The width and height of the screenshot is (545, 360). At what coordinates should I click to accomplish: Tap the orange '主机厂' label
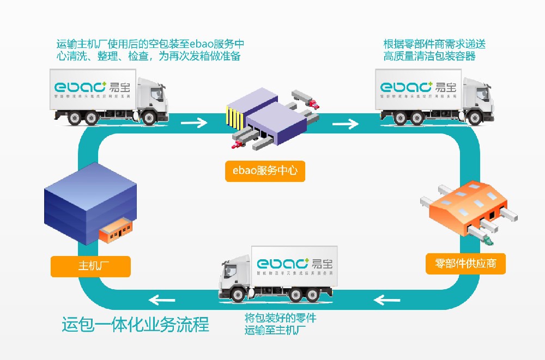point(90,266)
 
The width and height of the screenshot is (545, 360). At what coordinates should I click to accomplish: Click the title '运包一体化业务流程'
point(135,325)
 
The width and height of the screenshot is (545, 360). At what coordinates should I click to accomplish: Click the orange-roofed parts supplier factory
point(469,210)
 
